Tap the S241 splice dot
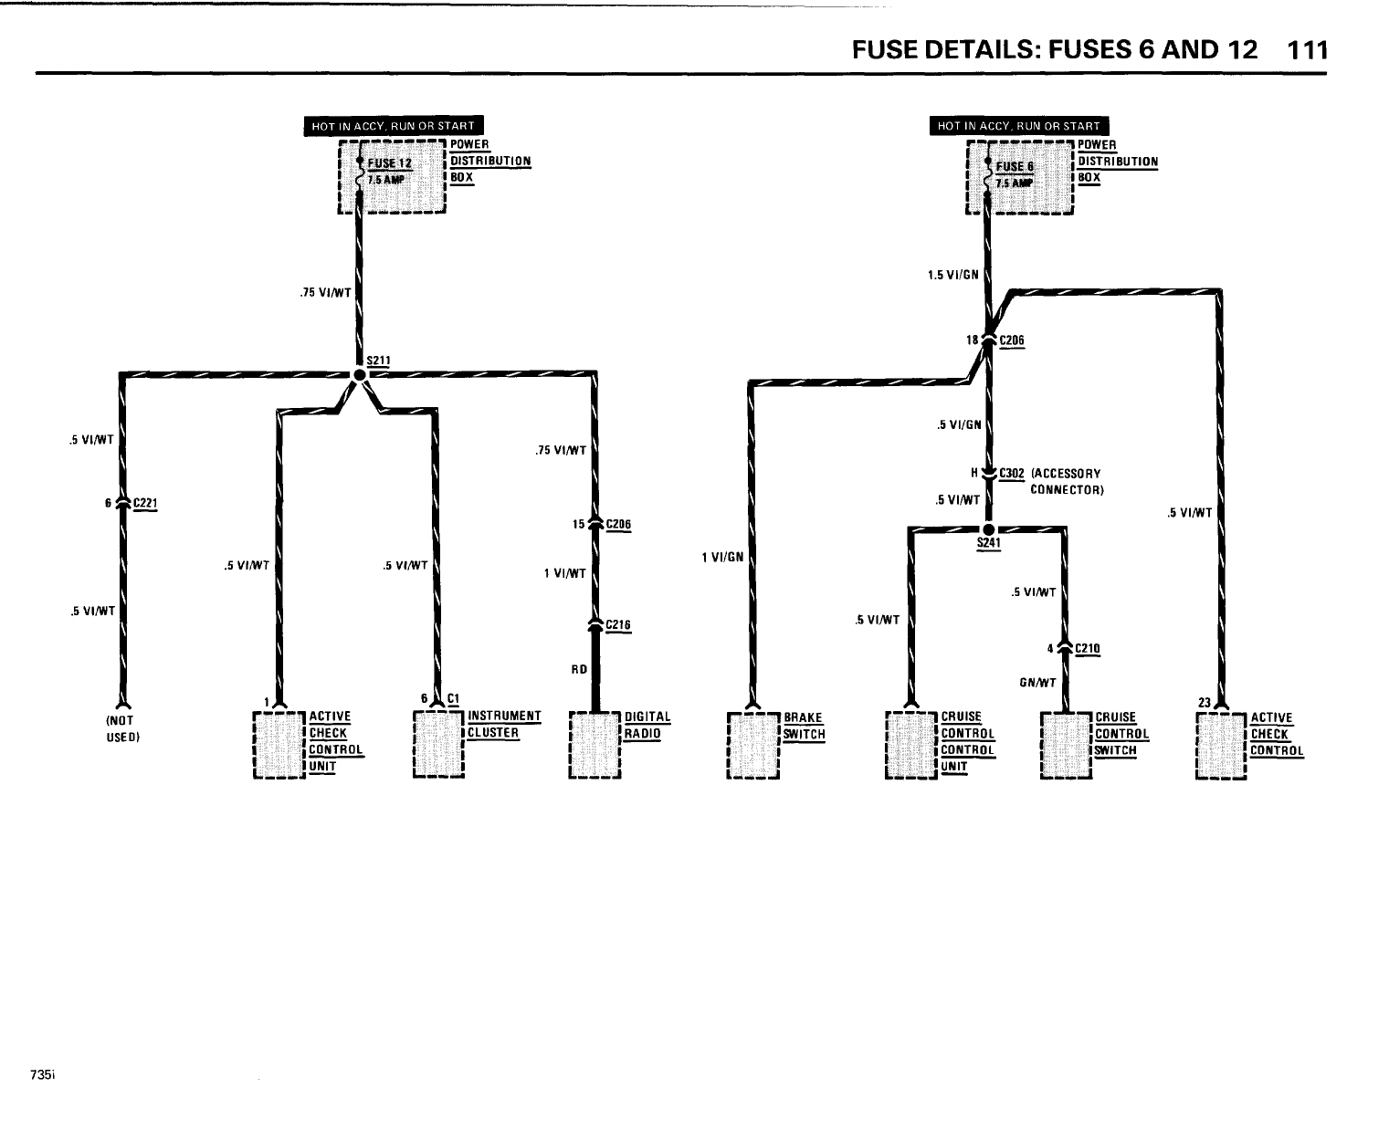988,528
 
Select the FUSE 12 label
390,164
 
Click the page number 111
1304,49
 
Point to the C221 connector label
146,503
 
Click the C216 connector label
618,625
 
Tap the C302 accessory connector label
1012,473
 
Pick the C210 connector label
1088,649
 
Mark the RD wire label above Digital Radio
578,669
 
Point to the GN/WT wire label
1037,682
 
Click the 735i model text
43,1075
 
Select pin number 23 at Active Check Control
1203,703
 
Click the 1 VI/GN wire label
721,557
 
